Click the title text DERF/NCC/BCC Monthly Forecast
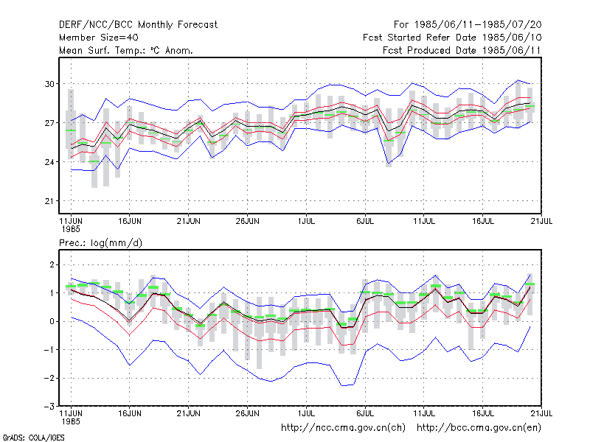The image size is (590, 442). (138, 25)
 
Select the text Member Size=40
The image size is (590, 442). (99, 38)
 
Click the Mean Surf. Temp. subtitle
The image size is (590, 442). (126, 50)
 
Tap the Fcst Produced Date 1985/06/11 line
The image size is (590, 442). (462, 50)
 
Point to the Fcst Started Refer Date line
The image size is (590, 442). (452, 38)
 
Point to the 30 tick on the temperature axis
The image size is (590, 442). (49, 84)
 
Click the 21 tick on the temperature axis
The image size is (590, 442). (49, 201)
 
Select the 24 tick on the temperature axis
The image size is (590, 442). (49, 162)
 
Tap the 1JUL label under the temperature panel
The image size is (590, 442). (306, 222)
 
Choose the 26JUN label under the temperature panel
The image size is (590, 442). (247, 222)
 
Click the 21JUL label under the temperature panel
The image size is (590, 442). (541, 222)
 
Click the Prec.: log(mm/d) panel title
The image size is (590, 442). (100, 243)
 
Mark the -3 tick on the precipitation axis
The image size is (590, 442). (49, 407)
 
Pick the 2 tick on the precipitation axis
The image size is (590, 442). (52, 264)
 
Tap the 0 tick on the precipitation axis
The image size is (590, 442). (52, 321)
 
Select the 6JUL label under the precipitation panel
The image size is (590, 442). (365, 413)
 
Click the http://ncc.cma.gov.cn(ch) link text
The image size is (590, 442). (343, 428)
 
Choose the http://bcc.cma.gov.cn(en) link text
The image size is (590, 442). (479, 428)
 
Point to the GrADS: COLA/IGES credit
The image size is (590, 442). (33, 438)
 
